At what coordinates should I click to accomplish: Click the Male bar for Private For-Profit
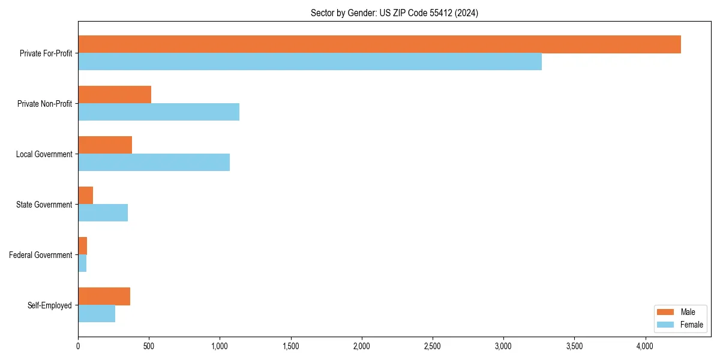[379, 44]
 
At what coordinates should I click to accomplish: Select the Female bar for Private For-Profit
[310, 62]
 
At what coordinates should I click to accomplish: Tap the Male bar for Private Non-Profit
[115, 95]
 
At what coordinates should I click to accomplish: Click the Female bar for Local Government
[154, 163]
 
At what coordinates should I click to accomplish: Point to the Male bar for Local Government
[105, 145]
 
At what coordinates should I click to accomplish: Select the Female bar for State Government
[103, 213]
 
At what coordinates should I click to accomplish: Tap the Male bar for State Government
[85, 196]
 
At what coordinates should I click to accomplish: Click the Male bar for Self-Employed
[104, 296]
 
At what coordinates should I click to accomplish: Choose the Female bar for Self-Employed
[97, 314]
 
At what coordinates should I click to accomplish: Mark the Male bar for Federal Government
[82, 246]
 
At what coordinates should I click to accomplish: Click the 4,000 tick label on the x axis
[645, 346]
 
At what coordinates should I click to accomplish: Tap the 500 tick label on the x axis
[149, 346]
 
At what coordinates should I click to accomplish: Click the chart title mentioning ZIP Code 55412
[394, 13]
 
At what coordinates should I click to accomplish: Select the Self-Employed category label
[50, 305]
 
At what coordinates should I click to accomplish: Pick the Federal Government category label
[41, 255]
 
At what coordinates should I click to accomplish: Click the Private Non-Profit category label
[45, 104]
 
